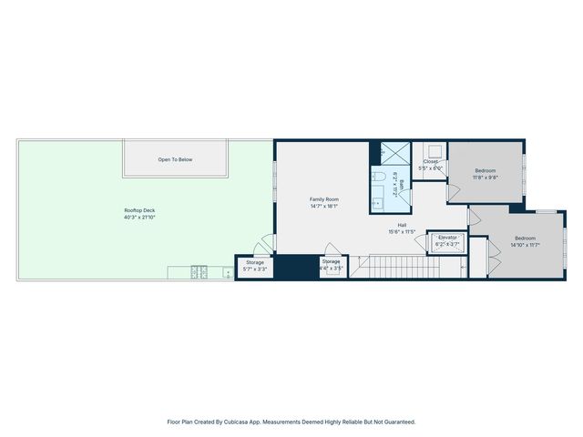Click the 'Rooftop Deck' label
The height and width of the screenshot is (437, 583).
point(139,210)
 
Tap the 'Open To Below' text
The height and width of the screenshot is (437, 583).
point(175,159)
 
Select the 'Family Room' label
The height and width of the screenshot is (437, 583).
point(323,198)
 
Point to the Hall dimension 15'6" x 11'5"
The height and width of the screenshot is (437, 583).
point(401,231)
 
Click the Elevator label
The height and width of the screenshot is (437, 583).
point(447,237)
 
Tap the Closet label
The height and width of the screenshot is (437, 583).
point(430,161)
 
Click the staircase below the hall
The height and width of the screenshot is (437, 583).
point(401,267)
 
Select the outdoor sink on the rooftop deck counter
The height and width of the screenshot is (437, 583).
point(227,271)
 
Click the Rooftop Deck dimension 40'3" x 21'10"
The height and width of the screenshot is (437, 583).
point(139,218)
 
